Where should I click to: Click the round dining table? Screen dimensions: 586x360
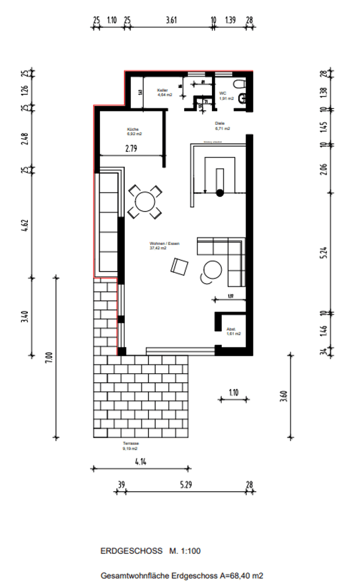click(145, 202)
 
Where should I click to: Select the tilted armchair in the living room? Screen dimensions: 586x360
click(179, 267)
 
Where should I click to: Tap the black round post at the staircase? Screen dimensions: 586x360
click(220, 193)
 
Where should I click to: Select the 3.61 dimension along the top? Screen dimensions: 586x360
click(171, 20)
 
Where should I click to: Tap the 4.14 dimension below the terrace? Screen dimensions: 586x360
click(139, 461)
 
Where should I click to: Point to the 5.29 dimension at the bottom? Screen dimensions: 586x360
click(185, 484)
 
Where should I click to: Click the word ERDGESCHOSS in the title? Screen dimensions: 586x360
click(131, 551)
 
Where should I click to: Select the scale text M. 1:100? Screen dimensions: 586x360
click(185, 551)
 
